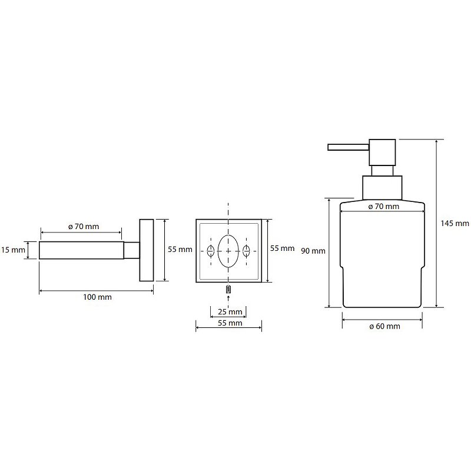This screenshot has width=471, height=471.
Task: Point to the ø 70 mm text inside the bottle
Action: tap(383, 207)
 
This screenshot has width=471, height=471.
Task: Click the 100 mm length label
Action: tap(98, 297)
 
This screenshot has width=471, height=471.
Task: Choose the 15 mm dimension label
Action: tap(13, 250)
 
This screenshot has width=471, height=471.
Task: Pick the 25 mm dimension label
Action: tap(228, 311)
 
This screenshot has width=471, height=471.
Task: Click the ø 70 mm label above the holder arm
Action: tap(84, 226)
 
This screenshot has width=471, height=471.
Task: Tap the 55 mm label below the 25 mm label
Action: tap(228, 323)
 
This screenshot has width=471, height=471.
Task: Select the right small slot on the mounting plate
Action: tap(246, 251)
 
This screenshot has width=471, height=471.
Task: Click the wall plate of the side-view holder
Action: tap(146, 250)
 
